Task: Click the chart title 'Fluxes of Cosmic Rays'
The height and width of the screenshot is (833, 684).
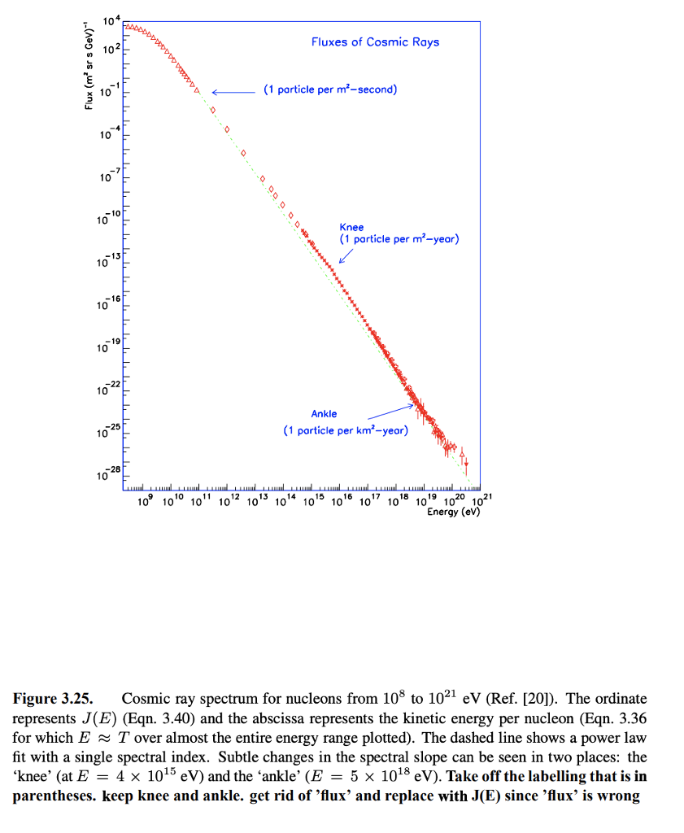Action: point(375,41)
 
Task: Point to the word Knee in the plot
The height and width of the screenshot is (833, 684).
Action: point(351,228)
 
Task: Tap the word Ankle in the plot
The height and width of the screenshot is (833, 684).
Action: point(324,414)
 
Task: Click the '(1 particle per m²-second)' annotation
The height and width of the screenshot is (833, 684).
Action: point(329,89)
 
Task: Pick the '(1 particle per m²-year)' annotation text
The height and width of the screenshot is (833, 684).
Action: point(399,239)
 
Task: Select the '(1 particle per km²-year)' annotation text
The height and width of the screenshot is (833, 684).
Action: point(346,430)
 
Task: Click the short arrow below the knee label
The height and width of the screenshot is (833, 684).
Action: point(346,256)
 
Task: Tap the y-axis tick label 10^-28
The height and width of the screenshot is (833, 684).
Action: point(110,473)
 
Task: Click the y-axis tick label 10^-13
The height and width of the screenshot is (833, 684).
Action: point(110,260)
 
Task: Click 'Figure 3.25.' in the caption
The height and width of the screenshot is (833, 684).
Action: point(53,699)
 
